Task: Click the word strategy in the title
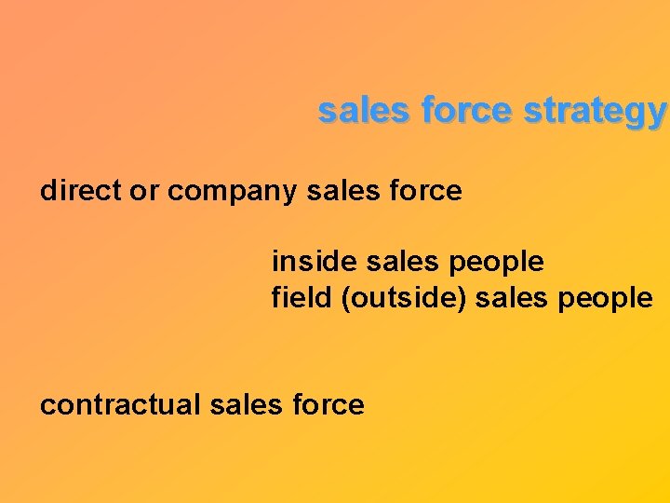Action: click(x=596, y=112)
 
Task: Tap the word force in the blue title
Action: click(x=466, y=111)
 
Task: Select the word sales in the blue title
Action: click(x=363, y=111)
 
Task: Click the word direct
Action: click(x=81, y=191)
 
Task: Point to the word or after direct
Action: click(x=144, y=192)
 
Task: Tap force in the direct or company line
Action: click(x=427, y=191)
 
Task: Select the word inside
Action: click(x=315, y=262)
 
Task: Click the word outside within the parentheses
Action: click(x=386, y=298)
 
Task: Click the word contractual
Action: click(x=121, y=405)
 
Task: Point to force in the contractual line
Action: click(x=329, y=405)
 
